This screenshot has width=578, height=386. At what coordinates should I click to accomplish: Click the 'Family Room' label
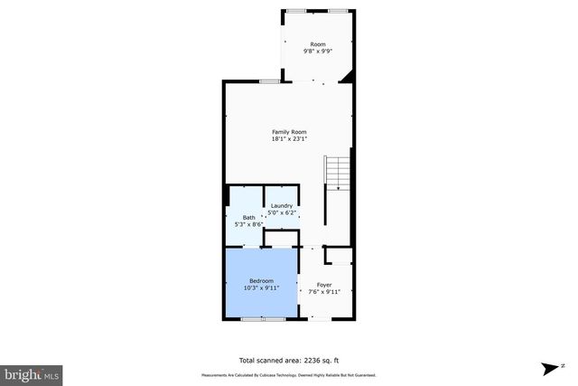point(290,132)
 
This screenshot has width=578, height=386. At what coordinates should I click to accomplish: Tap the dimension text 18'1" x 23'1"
point(290,139)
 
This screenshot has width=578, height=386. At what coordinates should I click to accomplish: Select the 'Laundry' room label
point(282,206)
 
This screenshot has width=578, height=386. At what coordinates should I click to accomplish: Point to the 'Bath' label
point(248,217)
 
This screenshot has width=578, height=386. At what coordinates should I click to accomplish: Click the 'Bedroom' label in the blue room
point(262,281)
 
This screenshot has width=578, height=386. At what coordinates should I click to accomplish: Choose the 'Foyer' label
point(324,285)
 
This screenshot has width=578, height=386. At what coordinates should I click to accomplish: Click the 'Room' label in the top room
point(318,44)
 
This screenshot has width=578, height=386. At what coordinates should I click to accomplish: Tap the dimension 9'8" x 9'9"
point(318,52)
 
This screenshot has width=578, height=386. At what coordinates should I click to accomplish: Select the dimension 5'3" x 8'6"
point(248,223)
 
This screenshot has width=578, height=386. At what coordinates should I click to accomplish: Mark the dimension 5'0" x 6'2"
point(282,212)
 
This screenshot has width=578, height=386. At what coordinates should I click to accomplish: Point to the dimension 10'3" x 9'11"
point(262,288)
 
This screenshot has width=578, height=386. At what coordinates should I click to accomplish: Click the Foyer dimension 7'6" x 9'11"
point(324,292)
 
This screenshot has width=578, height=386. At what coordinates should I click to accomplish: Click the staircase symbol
point(337,173)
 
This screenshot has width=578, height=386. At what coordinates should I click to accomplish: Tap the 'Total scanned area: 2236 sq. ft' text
point(289,357)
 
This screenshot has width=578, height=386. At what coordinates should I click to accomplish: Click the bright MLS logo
point(32,372)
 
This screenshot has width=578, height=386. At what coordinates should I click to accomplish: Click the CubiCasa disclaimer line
point(289,374)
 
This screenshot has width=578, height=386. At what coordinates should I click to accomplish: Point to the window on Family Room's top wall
point(269,82)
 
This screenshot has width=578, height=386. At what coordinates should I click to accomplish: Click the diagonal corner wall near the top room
point(346,80)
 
